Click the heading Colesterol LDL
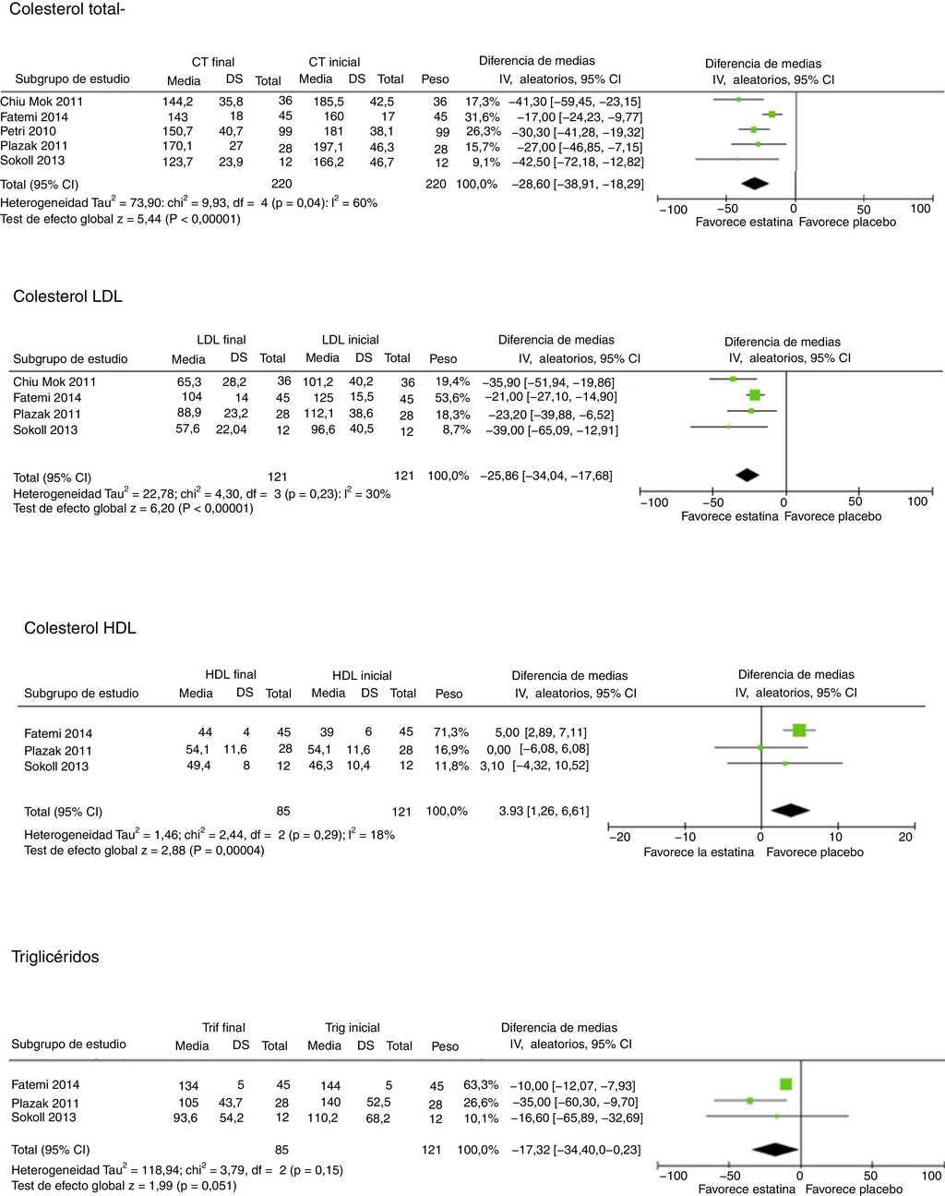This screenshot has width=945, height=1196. pos(67,296)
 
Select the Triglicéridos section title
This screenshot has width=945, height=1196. pos(55,957)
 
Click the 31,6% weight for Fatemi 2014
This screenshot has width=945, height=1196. pos(482,116)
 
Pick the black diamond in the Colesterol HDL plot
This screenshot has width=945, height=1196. pos(790,811)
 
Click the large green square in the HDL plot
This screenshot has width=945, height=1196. pos(799,731)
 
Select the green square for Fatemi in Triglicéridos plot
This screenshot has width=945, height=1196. pos(785,1084)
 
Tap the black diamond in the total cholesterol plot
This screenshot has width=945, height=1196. pos(754,184)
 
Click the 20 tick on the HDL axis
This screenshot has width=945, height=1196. pos(905,837)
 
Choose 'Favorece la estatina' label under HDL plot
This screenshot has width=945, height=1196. pos(698,852)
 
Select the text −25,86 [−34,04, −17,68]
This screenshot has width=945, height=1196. pos(545,477)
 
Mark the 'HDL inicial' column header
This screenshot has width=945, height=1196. pos(362,675)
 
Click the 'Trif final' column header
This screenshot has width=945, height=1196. pos(223,1027)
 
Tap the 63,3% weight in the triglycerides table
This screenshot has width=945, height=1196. pos(481,1084)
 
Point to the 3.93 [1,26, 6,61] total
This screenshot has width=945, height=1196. pos(544,811)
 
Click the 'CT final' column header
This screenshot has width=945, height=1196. pos(213,62)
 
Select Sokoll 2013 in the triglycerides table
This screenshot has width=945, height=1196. pos(43,1117)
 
